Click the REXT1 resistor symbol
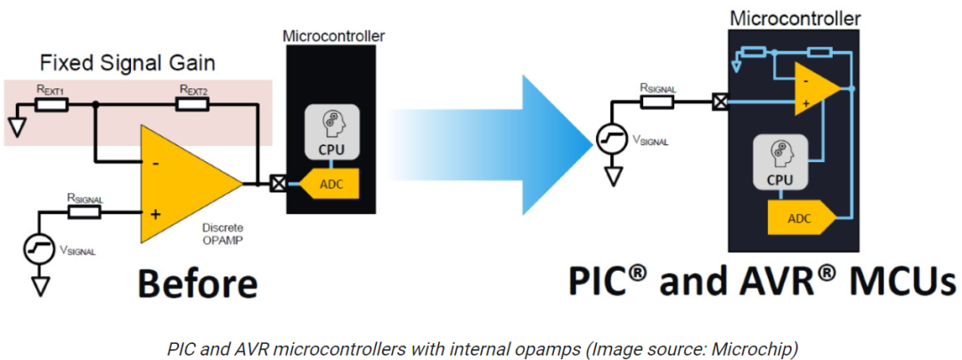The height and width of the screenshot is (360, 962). (x=52, y=105)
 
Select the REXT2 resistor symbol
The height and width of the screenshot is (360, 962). (x=192, y=105)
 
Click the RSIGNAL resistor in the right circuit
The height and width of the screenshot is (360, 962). (x=657, y=102)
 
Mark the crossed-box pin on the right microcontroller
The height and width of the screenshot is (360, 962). (x=721, y=102)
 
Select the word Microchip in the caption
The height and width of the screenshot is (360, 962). (x=767, y=349)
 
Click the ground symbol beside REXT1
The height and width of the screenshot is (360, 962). (x=17, y=126)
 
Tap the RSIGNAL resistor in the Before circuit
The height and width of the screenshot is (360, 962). (x=84, y=212)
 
